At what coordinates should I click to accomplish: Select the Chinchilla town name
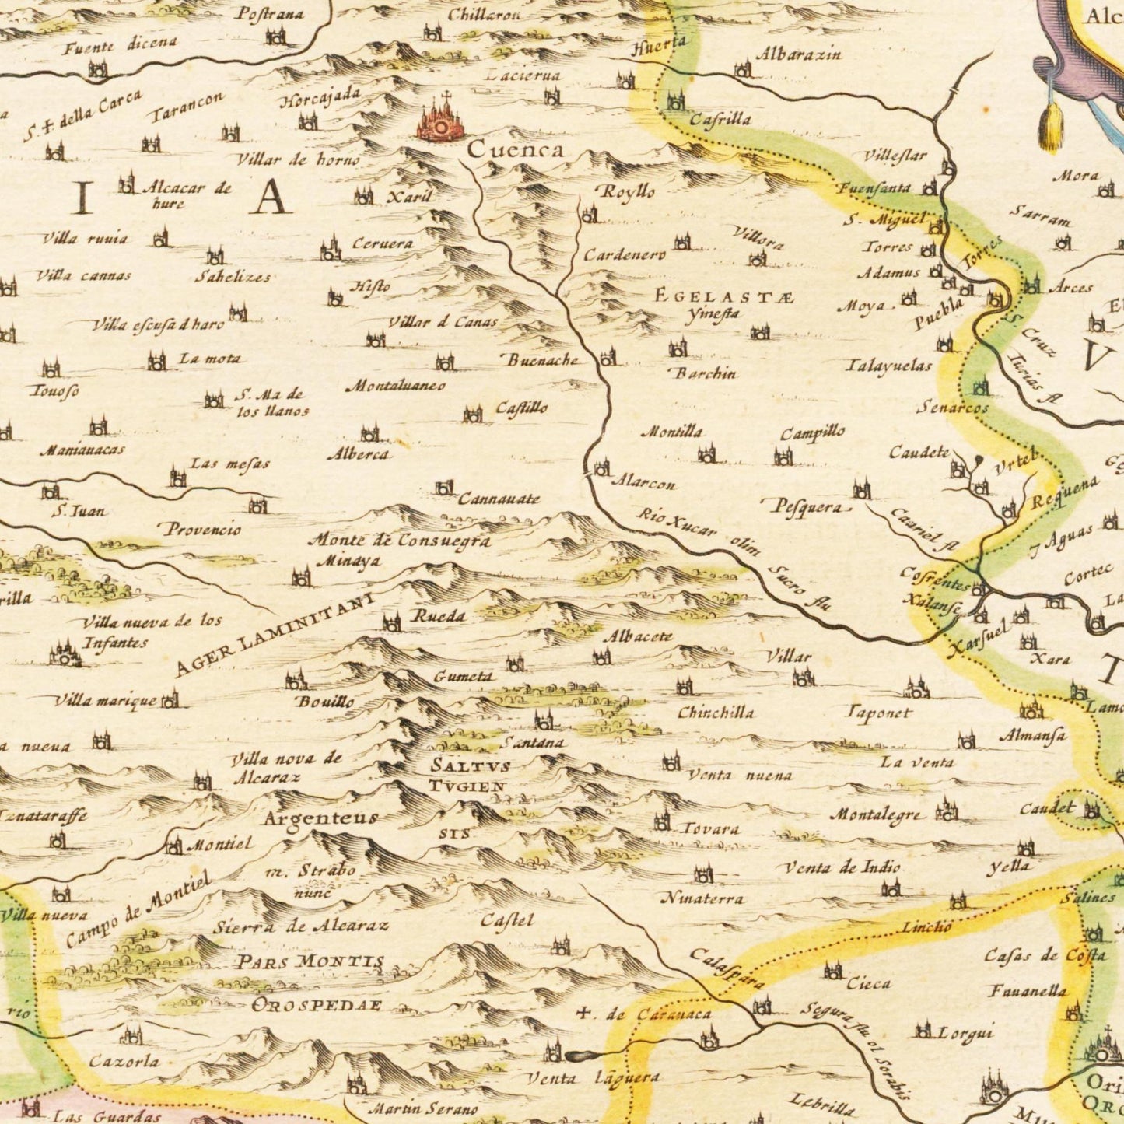[x=715, y=713]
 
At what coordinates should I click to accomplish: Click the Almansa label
[x=1032, y=735]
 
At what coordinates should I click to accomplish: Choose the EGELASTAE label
[x=723, y=296]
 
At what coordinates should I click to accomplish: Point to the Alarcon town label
[x=643, y=483]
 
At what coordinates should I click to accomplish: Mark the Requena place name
[x=1064, y=493]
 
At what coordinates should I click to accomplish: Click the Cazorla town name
[x=124, y=1061]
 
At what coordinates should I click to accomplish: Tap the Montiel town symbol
[x=174, y=845]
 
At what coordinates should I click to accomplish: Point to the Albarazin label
[x=798, y=54]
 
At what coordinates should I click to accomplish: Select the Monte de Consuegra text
[x=400, y=540]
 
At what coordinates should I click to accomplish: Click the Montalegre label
[x=878, y=815]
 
